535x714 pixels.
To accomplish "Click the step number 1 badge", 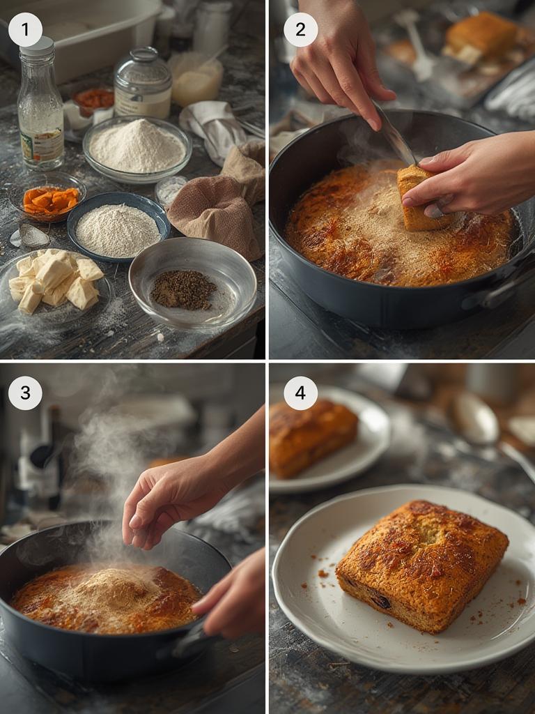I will (x=25, y=30).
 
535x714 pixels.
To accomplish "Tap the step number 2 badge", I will (x=300, y=30).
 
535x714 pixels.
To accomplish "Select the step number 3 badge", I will (x=25, y=393).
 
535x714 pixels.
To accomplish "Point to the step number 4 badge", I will (x=300, y=393).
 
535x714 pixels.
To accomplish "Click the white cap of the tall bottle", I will (x=37, y=47).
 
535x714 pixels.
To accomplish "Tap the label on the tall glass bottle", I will (x=42, y=144).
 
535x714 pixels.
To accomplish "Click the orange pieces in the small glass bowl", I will (x=50, y=200).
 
